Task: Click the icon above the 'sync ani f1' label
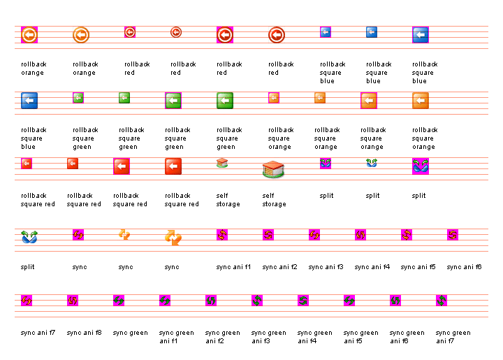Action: coord(222,235)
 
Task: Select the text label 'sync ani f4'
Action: coord(372,267)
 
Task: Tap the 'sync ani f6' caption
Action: coord(464,267)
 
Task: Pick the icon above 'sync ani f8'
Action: coord(73,301)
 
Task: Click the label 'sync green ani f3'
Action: coord(268,337)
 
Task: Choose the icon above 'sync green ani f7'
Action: coord(442,301)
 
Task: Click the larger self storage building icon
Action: coord(273,168)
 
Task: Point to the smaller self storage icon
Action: coord(222,164)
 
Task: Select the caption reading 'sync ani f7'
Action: coord(38,333)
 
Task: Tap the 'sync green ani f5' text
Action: coord(360,337)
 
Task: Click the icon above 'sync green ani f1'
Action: coord(165,301)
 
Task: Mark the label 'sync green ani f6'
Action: coord(407,337)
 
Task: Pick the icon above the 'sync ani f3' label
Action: coord(314,235)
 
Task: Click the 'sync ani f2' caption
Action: coord(279,267)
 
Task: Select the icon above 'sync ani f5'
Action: coord(407,235)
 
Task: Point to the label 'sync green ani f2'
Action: coord(222,337)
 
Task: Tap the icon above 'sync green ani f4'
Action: coord(303,301)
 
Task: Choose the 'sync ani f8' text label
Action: coord(84,333)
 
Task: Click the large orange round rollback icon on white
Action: coord(81,34)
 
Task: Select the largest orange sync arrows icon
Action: coord(173,238)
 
